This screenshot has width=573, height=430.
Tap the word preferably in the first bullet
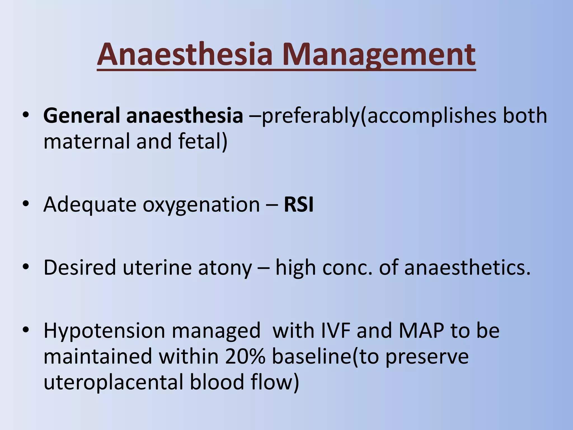click(310, 115)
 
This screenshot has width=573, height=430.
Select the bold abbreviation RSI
click(299, 205)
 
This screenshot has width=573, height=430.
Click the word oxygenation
click(201, 205)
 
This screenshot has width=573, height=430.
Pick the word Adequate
click(90, 205)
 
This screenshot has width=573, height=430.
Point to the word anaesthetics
click(467, 267)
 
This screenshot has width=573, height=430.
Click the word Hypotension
click(104, 331)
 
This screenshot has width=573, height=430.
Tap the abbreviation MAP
click(421, 331)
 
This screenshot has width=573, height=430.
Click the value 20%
click(245, 356)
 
